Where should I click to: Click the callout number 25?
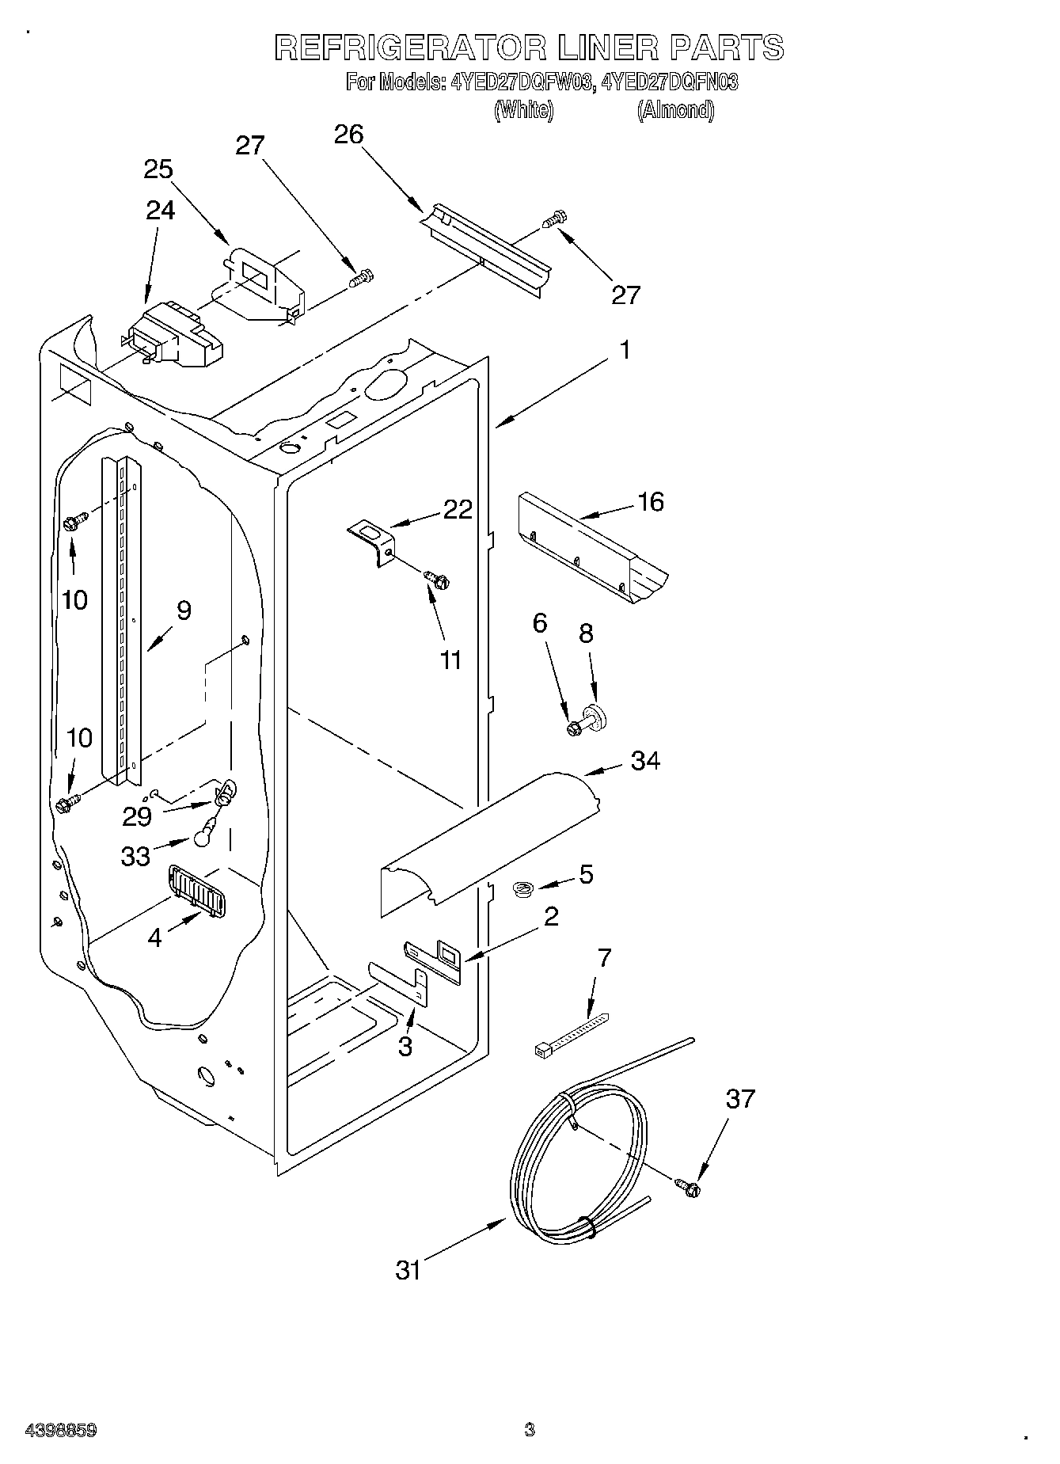click(x=158, y=169)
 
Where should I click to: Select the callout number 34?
click(x=645, y=761)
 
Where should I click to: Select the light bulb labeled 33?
click(x=203, y=831)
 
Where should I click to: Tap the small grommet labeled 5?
click(x=522, y=891)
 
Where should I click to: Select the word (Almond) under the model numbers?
click(x=675, y=110)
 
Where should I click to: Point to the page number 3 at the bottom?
click(x=530, y=1430)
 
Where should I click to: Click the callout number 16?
click(x=651, y=501)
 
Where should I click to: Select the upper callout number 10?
click(x=74, y=599)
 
